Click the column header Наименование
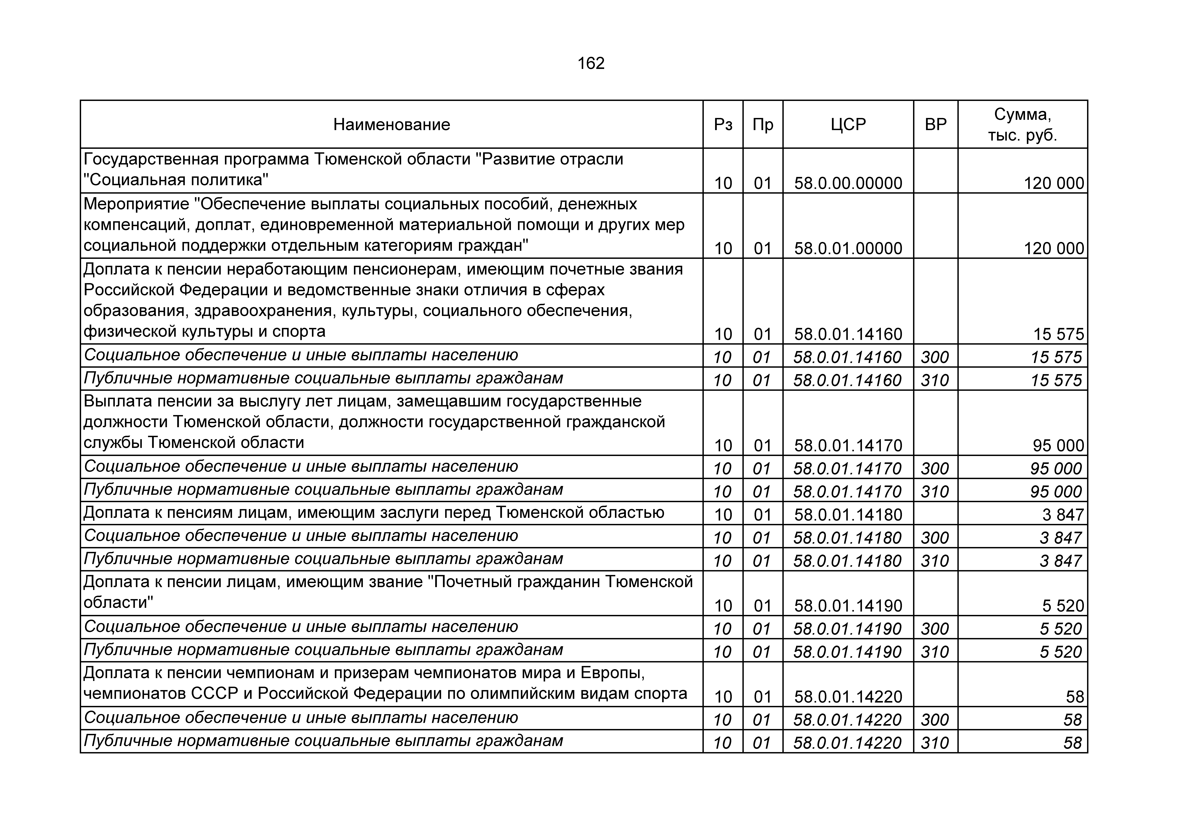[x=392, y=125]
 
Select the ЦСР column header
[x=848, y=125]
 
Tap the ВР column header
[x=936, y=125]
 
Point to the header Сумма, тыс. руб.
[x=1022, y=125]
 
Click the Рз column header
[x=723, y=125]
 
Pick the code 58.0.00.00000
[x=848, y=183]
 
